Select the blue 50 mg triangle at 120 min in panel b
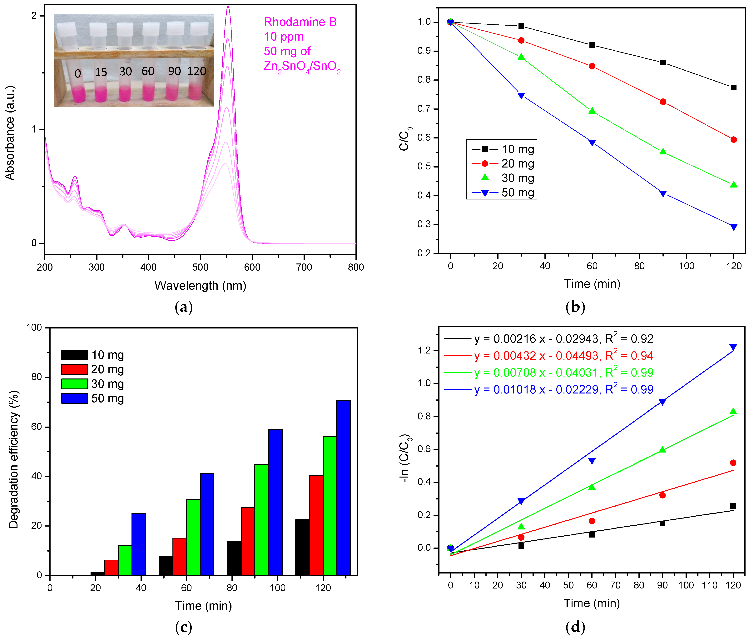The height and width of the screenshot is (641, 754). [x=733, y=227]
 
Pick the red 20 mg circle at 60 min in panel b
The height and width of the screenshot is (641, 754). [x=592, y=66]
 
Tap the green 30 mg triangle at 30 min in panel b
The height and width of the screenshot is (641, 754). [x=521, y=57]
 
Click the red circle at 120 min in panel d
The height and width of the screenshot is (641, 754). [x=733, y=463]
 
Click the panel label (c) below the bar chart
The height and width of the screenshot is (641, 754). [x=183, y=627]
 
